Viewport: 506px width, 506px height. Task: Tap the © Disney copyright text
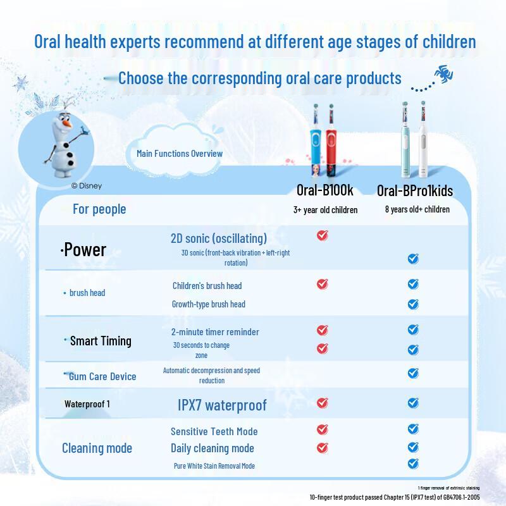tap(86, 186)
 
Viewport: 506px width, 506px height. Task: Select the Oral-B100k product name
tap(324, 190)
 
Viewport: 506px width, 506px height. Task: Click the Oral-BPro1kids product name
tap(415, 190)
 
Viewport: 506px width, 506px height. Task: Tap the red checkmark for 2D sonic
tap(322, 235)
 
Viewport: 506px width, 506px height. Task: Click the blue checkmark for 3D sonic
tap(413, 258)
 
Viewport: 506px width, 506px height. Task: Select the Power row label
tap(83, 250)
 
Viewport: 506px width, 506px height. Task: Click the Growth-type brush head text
tap(208, 304)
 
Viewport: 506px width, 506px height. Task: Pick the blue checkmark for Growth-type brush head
tap(413, 304)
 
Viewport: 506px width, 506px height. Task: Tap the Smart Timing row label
tap(100, 341)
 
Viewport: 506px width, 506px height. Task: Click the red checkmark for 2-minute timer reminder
tap(322, 330)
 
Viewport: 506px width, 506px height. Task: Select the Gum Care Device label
tap(101, 376)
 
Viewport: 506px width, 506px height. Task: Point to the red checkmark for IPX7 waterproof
tap(322, 402)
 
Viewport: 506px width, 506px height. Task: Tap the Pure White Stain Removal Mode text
tap(214, 466)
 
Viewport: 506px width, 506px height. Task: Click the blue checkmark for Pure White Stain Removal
tap(413, 464)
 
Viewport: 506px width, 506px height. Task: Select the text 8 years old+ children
tap(417, 209)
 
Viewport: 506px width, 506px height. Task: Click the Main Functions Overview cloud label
tap(180, 154)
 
